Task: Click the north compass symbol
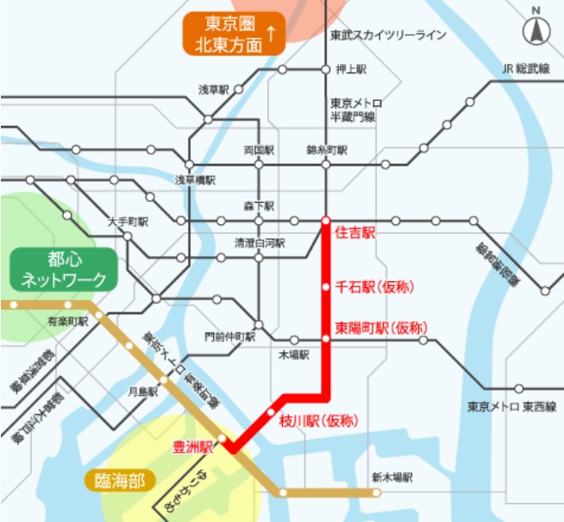[x=536, y=31]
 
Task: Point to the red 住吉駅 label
[x=354, y=232]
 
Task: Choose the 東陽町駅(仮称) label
[x=380, y=328]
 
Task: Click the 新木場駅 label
[x=392, y=476]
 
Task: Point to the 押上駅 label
[x=350, y=68]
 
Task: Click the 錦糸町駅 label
[x=327, y=149]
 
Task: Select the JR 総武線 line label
[x=526, y=68]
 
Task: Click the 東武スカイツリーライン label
[x=388, y=35]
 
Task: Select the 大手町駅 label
[x=128, y=222]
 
